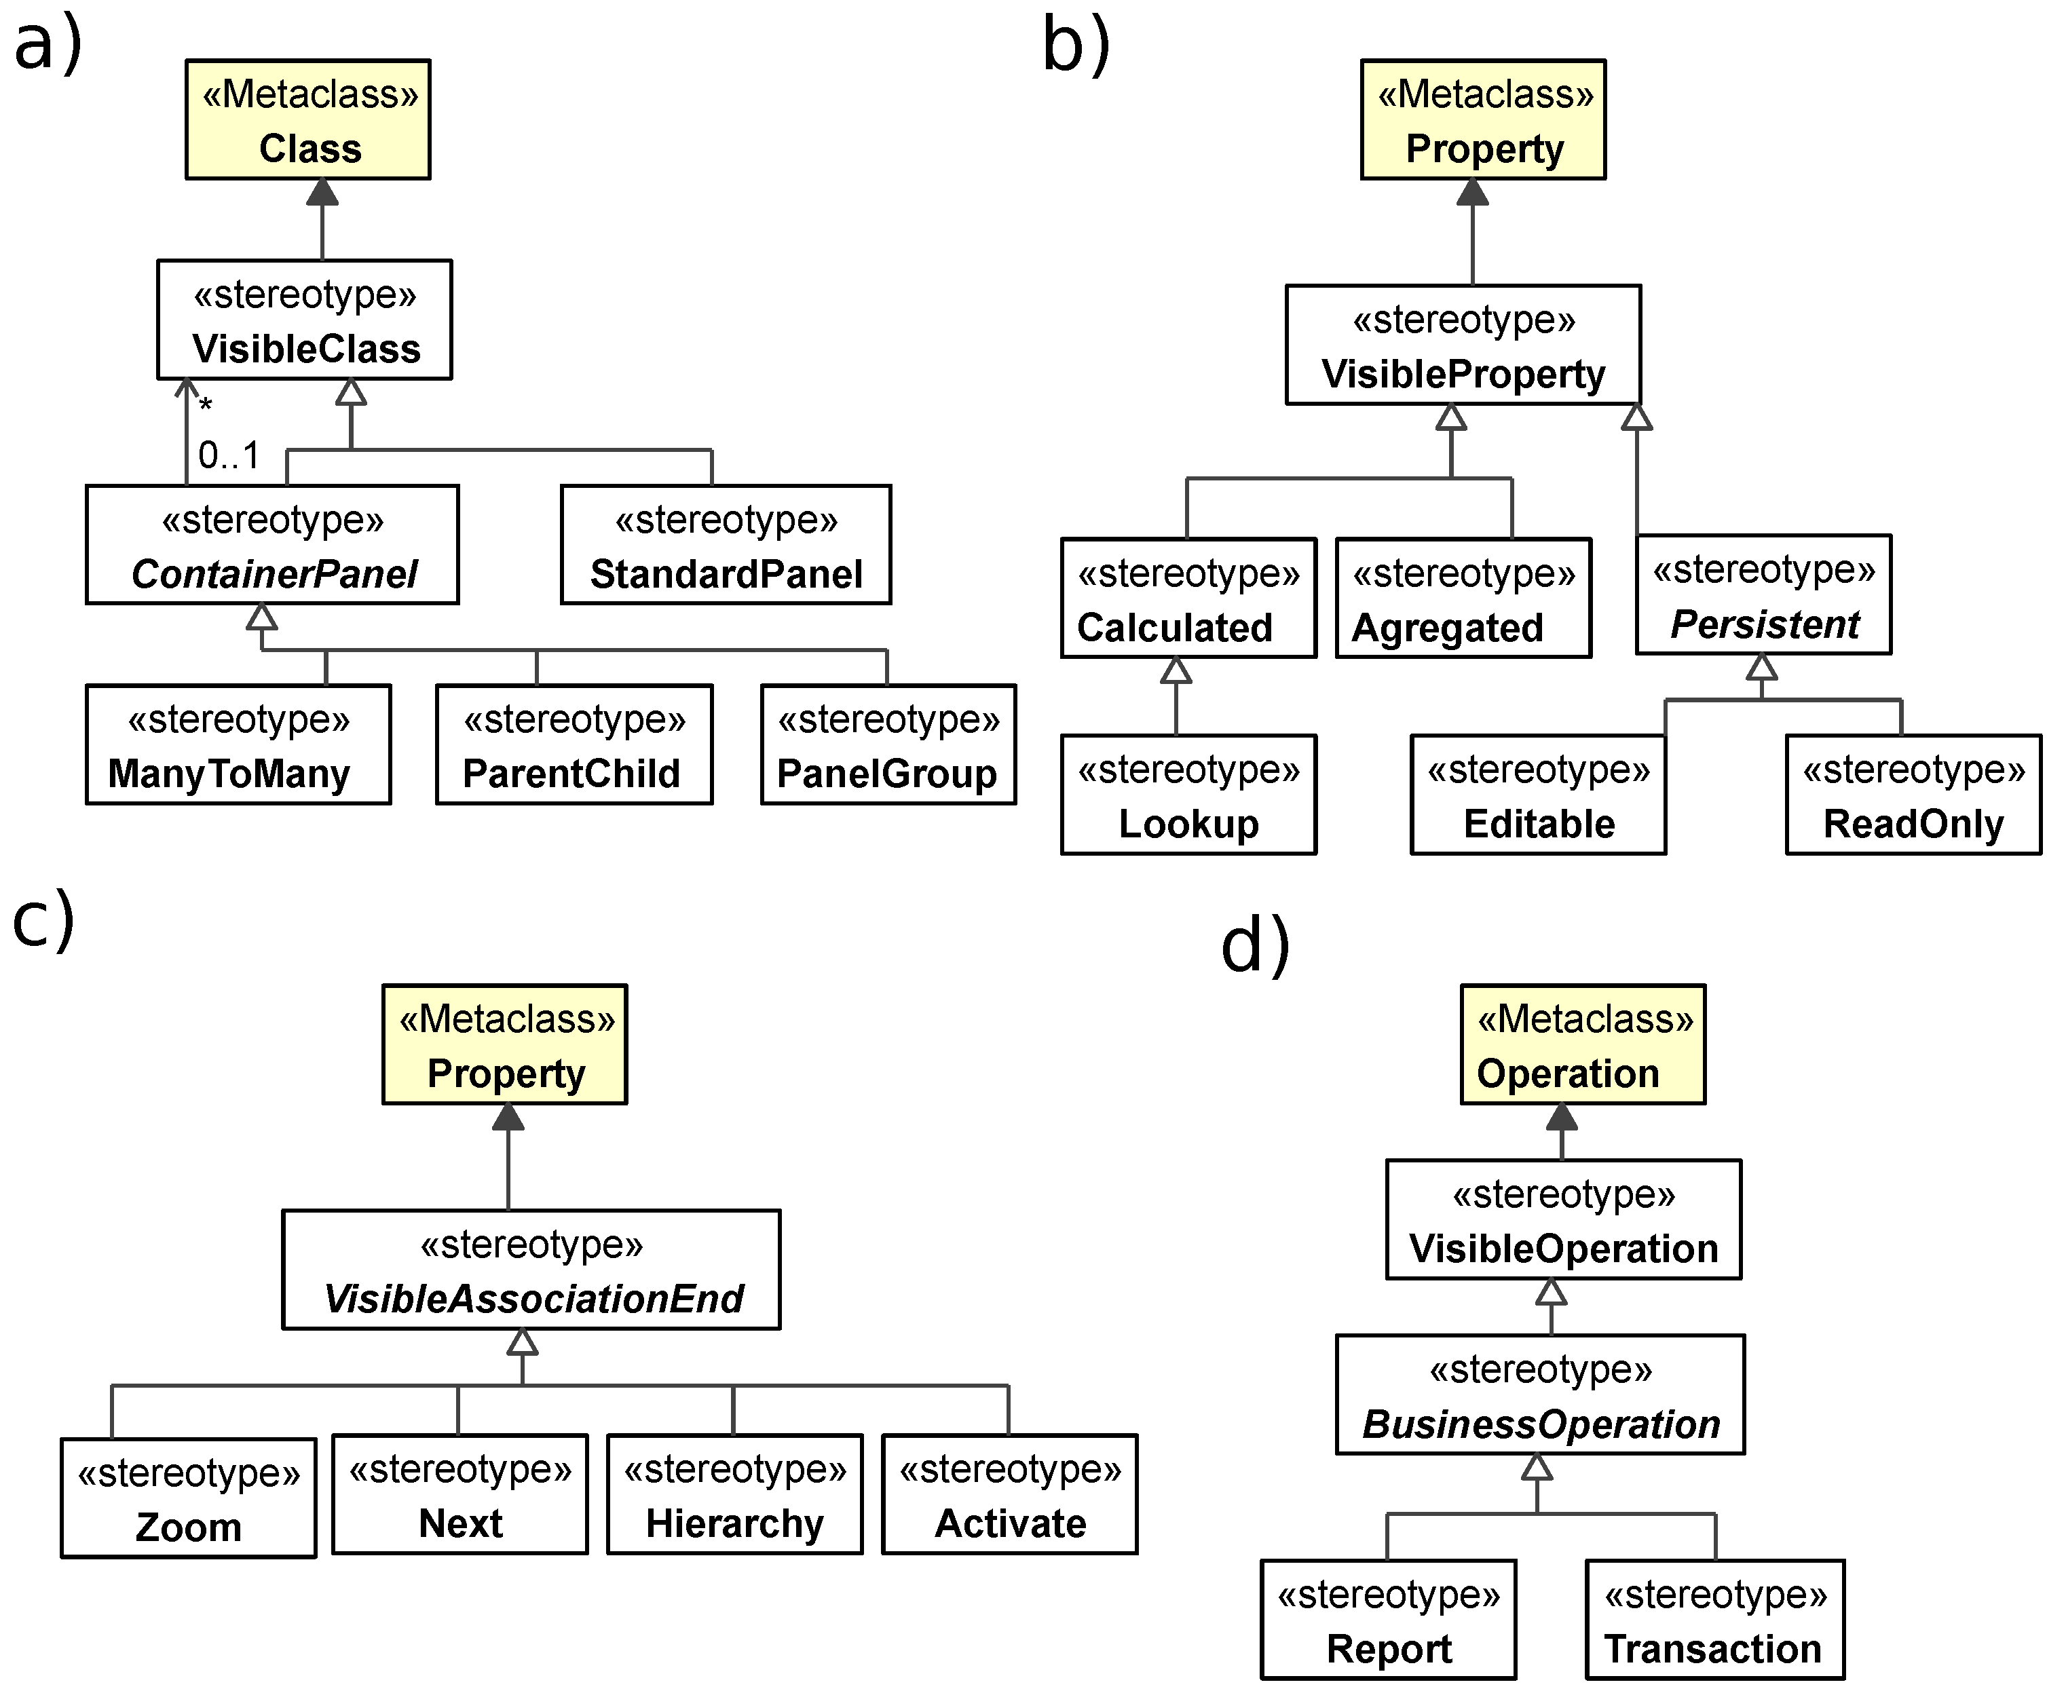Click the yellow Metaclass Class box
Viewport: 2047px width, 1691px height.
tap(308, 120)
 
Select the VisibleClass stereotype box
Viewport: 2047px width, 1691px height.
tap(305, 320)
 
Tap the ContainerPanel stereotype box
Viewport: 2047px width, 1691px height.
tap(272, 546)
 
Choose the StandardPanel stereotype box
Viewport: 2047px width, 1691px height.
tap(726, 546)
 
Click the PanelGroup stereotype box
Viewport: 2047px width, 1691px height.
tap(888, 745)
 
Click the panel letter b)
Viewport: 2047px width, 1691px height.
tap(1076, 45)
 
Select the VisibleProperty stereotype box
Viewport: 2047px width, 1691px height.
tap(1463, 346)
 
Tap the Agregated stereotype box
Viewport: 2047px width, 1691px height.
tap(1463, 599)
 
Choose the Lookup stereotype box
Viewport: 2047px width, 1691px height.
tap(1188, 796)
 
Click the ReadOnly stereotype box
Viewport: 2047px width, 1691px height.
tap(1913, 796)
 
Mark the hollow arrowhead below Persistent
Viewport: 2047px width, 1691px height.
tap(1761, 668)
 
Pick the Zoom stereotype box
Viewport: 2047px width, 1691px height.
tap(188, 1498)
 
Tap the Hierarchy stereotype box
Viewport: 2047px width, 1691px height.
tap(734, 1494)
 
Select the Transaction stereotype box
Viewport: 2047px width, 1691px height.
tap(1714, 1620)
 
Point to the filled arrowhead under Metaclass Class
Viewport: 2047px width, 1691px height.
tap(322, 193)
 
